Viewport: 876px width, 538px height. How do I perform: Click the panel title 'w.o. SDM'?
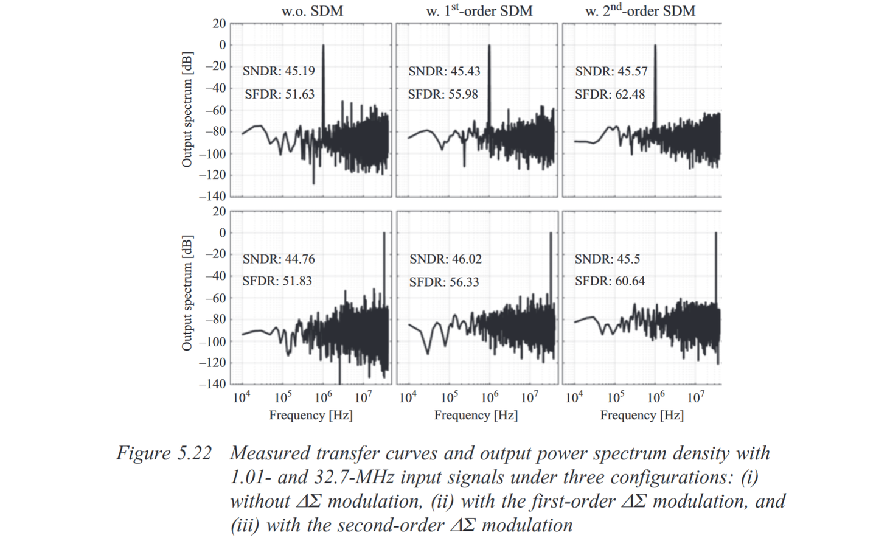coord(311,11)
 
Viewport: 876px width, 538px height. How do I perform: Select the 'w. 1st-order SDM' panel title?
coord(479,10)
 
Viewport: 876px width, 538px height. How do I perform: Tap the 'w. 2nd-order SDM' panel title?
coord(640,10)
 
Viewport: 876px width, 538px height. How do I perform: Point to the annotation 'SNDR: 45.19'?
coord(279,71)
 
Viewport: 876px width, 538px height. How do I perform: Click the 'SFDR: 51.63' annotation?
coord(280,94)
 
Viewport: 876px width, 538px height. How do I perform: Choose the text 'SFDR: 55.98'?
coord(443,94)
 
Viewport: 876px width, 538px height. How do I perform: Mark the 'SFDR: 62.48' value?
coord(610,94)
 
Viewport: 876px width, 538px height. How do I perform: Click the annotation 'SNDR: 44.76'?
coord(279,259)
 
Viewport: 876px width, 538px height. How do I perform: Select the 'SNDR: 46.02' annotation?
coord(445,259)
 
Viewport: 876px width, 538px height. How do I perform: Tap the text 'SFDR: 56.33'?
coord(444,282)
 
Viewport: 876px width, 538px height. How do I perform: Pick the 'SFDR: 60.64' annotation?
coord(610,281)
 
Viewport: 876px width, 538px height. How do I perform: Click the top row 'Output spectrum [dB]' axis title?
coord(187,110)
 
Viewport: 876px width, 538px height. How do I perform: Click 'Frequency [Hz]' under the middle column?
coord(476,415)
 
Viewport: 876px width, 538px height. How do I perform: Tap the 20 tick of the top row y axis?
coord(219,24)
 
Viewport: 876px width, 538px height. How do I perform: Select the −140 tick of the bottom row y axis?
coord(212,384)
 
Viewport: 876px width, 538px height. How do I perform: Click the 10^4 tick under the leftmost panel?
coord(242,398)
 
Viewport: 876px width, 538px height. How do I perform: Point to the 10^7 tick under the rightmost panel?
coord(695,398)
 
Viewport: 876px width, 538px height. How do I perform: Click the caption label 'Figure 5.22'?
coord(164,453)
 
